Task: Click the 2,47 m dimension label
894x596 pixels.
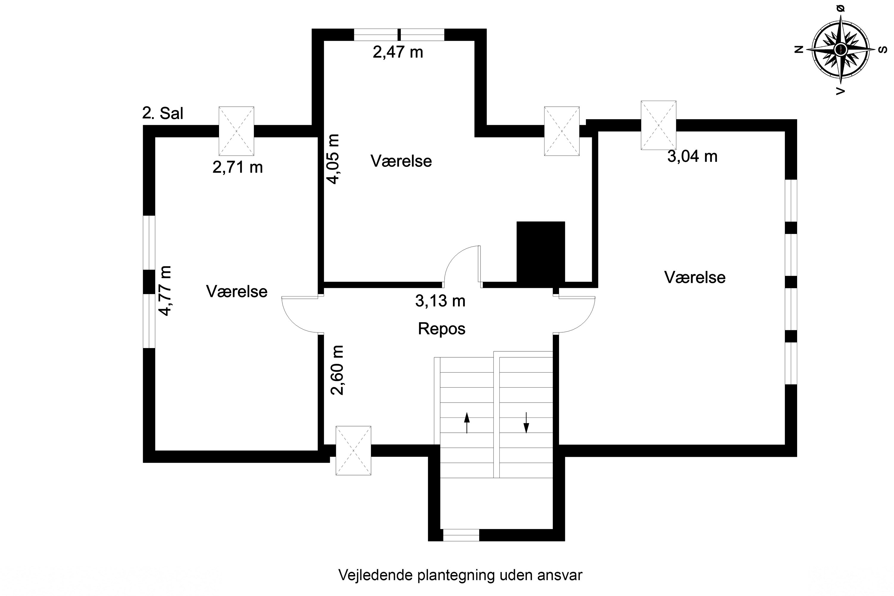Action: tap(398, 52)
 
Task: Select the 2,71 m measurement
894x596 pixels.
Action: tap(238, 167)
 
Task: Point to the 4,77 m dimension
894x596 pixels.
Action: tap(165, 291)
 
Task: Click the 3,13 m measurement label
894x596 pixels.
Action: tap(440, 301)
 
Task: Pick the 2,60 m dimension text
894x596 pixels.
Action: tap(337, 370)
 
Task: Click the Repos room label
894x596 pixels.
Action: tap(441, 329)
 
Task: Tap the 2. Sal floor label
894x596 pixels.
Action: tap(163, 113)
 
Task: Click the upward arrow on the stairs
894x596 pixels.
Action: tap(467, 423)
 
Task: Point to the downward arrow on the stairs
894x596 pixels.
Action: tap(526, 423)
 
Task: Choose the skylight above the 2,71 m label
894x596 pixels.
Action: tap(236, 131)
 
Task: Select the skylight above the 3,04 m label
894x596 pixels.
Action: tap(658, 125)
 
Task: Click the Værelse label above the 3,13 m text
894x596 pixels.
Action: tap(401, 161)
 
